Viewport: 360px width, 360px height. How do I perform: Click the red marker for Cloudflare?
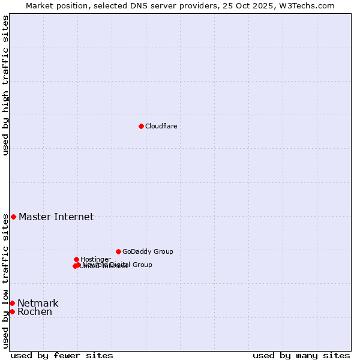point(141,126)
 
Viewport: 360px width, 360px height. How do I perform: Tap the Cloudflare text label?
point(161,126)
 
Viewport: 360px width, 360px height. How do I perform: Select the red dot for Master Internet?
point(13,217)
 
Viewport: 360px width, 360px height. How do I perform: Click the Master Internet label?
point(56,217)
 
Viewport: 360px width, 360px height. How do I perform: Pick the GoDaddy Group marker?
point(118,251)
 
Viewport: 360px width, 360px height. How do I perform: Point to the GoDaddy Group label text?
point(148,252)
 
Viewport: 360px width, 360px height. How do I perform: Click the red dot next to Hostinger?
point(76,259)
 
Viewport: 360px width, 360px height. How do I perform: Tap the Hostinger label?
point(95,259)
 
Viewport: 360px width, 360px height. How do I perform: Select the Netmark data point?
point(12,303)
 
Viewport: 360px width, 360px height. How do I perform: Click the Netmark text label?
point(38,304)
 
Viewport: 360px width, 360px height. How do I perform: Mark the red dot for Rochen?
point(12,311)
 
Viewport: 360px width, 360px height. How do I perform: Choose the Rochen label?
point(35,312)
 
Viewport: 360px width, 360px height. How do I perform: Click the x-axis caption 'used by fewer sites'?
point(62,356)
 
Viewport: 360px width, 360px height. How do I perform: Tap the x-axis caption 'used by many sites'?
point(301,356)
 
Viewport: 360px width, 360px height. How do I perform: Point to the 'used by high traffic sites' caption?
point(5,85)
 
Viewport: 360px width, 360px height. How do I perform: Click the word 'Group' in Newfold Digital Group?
point(142,265)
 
